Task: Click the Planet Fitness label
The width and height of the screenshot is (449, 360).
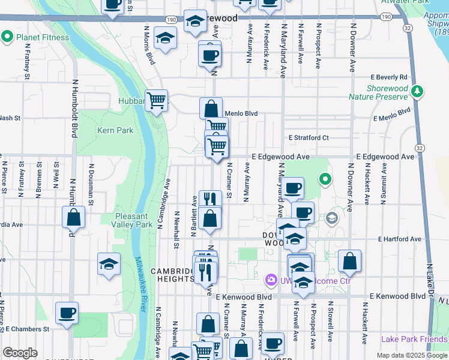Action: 43,37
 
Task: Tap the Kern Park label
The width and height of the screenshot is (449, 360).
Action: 111,130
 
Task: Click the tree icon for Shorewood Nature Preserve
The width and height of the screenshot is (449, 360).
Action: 418,92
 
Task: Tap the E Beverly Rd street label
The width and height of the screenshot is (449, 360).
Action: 389,77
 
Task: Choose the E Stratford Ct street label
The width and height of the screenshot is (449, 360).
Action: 308,137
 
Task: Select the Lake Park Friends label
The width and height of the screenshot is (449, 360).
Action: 414,339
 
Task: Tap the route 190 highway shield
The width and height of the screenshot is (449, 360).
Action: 172,20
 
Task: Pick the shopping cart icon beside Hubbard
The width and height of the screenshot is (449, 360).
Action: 157,101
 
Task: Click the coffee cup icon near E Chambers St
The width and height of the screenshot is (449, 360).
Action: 67,312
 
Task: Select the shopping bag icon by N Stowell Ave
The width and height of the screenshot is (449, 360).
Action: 349,261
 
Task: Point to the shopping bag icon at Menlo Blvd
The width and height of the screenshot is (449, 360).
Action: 211,109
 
